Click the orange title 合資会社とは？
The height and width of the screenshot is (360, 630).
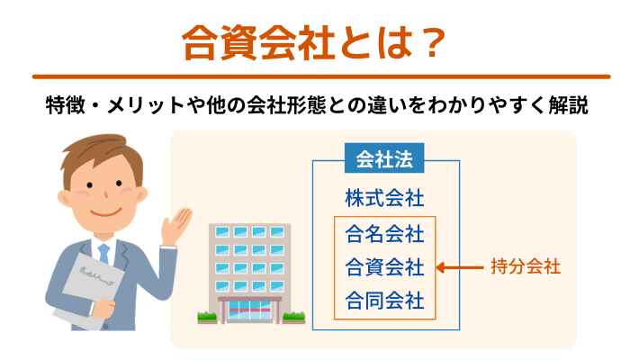point(314,42)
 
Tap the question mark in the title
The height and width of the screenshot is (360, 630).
point(431,43)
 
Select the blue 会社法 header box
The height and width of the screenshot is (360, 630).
point(384,158)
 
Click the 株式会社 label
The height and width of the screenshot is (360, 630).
point(384,198)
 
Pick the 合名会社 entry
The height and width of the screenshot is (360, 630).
point(384,234)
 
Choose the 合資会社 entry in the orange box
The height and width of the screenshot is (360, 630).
point(384,267)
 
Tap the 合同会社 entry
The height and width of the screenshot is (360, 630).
point(384,301)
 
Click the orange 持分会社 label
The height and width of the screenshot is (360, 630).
point(526,266)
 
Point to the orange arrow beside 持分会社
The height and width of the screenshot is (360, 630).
point(460,267)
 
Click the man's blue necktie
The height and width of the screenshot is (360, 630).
point(103,253)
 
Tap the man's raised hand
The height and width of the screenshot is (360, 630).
point(175,226)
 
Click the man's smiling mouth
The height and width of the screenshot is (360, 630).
point(105,211)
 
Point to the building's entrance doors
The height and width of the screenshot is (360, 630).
point(249,311)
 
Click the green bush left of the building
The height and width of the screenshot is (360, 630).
point(207,317)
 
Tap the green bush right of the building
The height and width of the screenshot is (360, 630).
point(293,317)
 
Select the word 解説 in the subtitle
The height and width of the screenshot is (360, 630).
point(569,105)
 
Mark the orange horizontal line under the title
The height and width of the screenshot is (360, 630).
point(321,76)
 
